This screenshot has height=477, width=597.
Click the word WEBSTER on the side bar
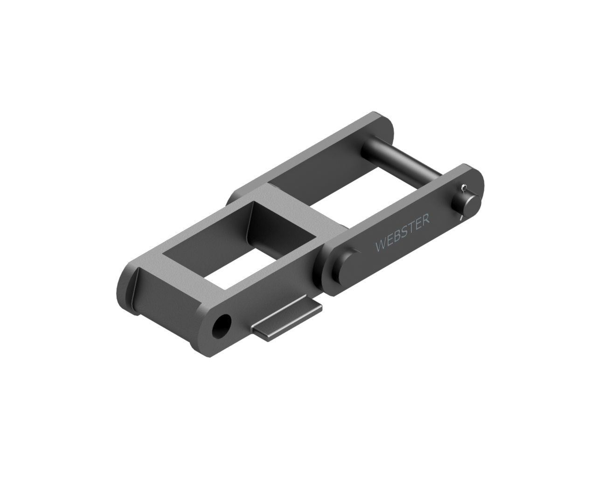402,233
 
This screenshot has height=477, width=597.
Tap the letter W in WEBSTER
381,246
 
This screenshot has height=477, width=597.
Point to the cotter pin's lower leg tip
460,217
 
